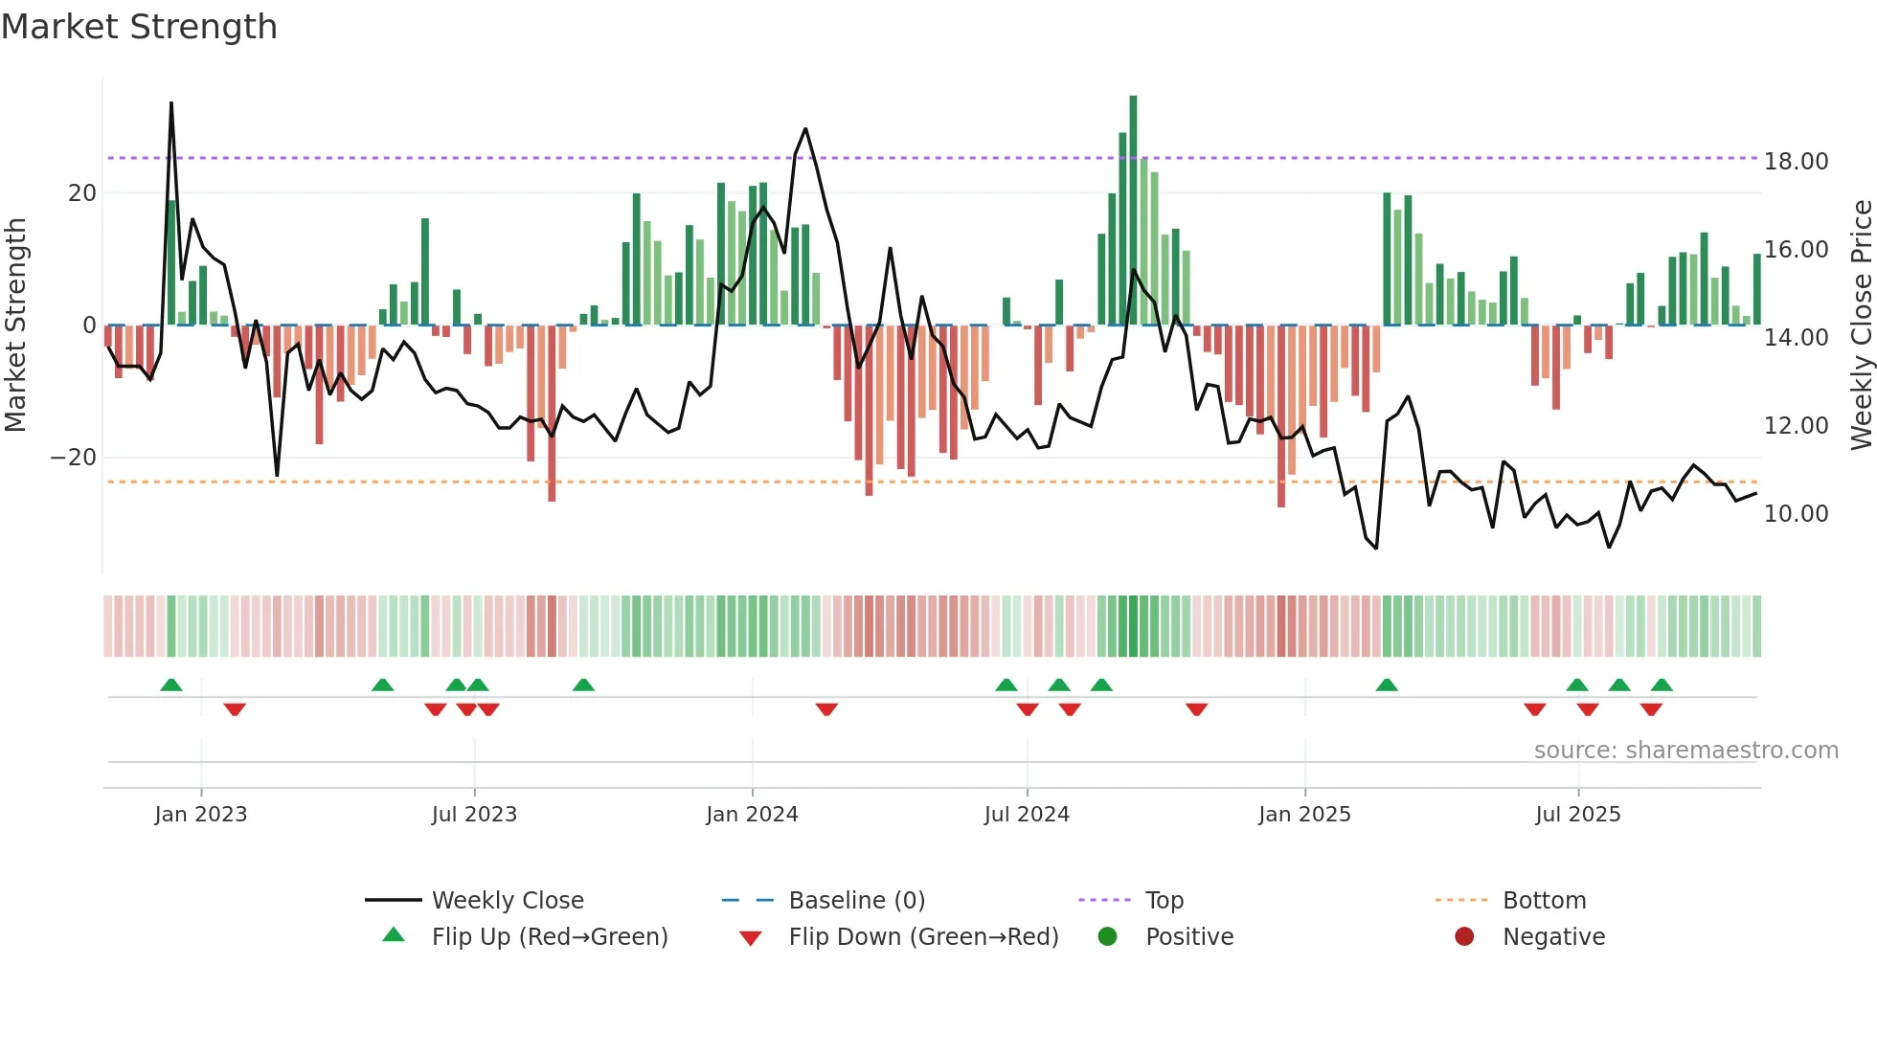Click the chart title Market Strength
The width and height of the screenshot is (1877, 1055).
(x=139, y=27)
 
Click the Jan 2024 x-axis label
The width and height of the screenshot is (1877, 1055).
(x=752, y=815)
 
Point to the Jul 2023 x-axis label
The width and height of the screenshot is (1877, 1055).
(x=474, y=815)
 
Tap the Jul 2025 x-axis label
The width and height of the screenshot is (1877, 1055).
(x=1577, y=815)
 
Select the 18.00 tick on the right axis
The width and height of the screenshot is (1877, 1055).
(x=1796, y=162)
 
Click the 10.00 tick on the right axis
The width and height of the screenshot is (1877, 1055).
(x=1796, y=514)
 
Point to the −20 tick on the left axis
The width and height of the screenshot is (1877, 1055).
(x=74, y=458)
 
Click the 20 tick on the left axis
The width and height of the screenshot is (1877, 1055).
(x=82, y=193)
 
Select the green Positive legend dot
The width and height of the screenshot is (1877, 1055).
(x=1108, y=937)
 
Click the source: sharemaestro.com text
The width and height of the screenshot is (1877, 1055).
(x=1685, y=751)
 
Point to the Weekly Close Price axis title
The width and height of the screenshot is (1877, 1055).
(x=1861, y=325)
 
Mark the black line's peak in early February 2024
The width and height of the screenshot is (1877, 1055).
(x=805, y=128)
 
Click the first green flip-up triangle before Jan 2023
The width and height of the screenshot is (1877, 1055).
(x=171, y=685)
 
